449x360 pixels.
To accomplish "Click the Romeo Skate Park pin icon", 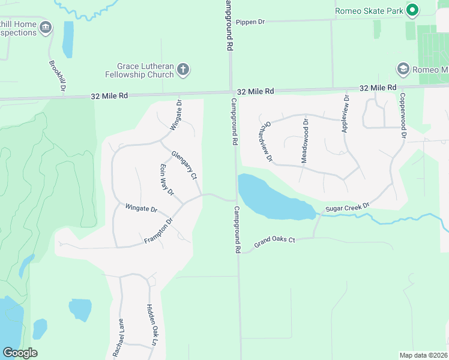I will [412, 10].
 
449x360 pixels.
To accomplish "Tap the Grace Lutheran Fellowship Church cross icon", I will [184, 70].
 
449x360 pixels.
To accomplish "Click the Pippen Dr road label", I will [250, 22].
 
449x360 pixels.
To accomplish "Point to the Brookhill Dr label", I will [57, 74].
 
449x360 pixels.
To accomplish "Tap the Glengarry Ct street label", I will [184, 164].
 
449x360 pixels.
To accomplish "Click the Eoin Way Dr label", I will [166, 180].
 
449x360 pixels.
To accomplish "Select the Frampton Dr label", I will [158, 230].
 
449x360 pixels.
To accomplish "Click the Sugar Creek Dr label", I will [347, 208].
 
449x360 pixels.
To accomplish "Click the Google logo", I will [20, 353].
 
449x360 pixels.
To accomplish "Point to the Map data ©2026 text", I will [423, 355].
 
